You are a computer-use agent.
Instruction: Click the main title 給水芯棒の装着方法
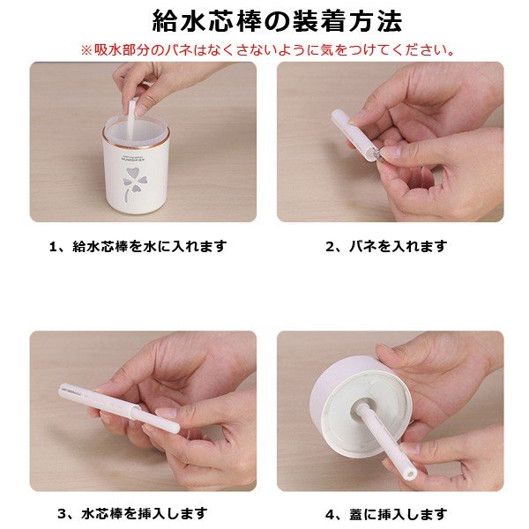pos(277,21)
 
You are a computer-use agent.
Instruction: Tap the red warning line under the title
pos(267,50)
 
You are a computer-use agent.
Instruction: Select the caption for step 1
pos(138,246)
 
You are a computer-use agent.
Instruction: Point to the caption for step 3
pos(132,513)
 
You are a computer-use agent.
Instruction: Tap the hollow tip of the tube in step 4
pos(410,473)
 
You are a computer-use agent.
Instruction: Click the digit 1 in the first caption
pos(53,247)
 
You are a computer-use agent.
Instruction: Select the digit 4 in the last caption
pos(330,515)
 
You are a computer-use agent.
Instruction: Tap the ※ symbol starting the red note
pos(86,50)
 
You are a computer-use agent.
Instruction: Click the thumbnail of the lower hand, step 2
pos(392,154)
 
